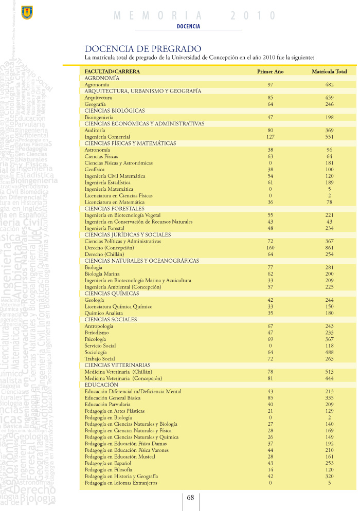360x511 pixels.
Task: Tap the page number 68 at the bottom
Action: coord(190,497)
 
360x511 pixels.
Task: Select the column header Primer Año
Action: coord(270,71)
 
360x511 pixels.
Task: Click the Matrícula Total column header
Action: coord(329,71)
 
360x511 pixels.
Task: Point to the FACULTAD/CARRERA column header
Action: coord(112,71)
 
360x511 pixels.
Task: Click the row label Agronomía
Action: coord(97,84)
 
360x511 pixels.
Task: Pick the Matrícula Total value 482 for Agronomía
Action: coord(329,84)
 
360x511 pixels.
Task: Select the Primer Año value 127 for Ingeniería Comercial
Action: coord(270,137)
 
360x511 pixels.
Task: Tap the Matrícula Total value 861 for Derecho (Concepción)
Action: coord(329,248)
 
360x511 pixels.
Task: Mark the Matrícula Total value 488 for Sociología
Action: coord(329,352)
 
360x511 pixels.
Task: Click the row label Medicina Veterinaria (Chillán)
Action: coord(118,372)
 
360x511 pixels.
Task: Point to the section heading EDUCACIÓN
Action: coord(101,385)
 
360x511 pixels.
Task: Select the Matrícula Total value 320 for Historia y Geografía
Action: coord(329,476)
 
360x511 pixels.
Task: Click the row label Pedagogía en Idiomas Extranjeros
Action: coord(121,483)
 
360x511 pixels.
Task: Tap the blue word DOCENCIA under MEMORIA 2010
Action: coord(188,26)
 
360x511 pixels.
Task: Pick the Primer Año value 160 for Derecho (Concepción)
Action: coord(270,248)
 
